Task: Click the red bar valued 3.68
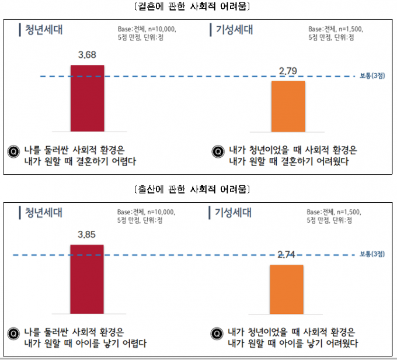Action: [x=87, y=98]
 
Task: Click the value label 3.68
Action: [x=87, y=56]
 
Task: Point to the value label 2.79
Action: [x=288, y=72]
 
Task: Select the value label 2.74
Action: [x=287, y=255]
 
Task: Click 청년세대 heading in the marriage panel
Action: [x=43, y=30]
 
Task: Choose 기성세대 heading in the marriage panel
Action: [x=234, y=30]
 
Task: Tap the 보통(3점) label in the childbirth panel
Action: [x=372, y=254]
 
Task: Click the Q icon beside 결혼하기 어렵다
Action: [x=13, y=151]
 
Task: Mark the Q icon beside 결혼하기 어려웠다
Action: [x=218, y=151]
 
